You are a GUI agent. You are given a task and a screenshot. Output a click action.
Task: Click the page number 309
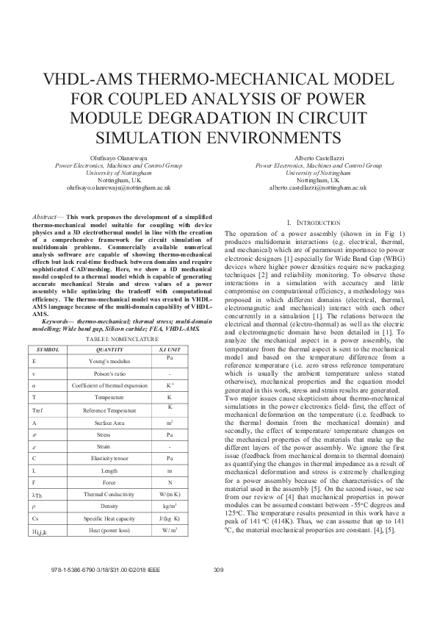click(x=217, y=590)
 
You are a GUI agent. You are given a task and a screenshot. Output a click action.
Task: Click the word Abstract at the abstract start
click(x=48, y=218)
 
